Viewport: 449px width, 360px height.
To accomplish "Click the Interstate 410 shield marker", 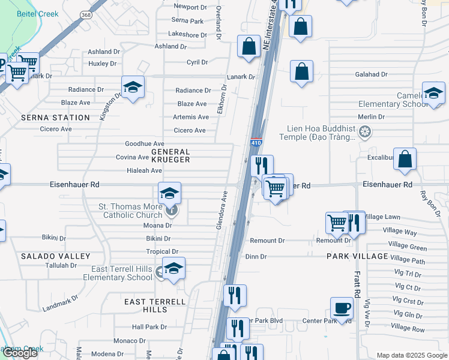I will coord(256,142).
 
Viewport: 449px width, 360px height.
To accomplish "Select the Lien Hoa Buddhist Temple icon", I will coord(364,131).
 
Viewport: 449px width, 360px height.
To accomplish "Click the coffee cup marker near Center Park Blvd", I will coord(342,308).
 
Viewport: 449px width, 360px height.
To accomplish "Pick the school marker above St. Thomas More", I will coord(170,193).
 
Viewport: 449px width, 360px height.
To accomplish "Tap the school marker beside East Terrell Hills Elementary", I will coord(173,268).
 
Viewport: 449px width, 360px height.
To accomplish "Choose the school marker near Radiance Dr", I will coord(133,88).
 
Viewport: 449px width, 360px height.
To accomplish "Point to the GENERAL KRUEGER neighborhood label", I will coord(166,156).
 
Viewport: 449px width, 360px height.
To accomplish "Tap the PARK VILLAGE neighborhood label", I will coord(357,256).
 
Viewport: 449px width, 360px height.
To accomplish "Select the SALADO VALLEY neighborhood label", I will coord(47,256).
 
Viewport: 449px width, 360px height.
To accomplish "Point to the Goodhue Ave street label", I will coord(144,144).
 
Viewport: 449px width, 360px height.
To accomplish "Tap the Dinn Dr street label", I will coord(256,256).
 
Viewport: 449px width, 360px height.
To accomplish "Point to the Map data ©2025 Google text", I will coord(411,355).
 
